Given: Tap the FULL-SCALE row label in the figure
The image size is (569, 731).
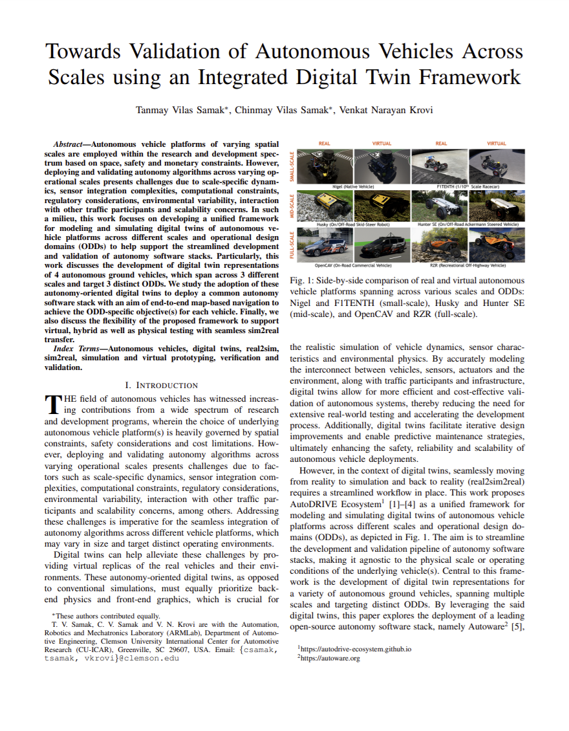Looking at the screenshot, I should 294,246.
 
